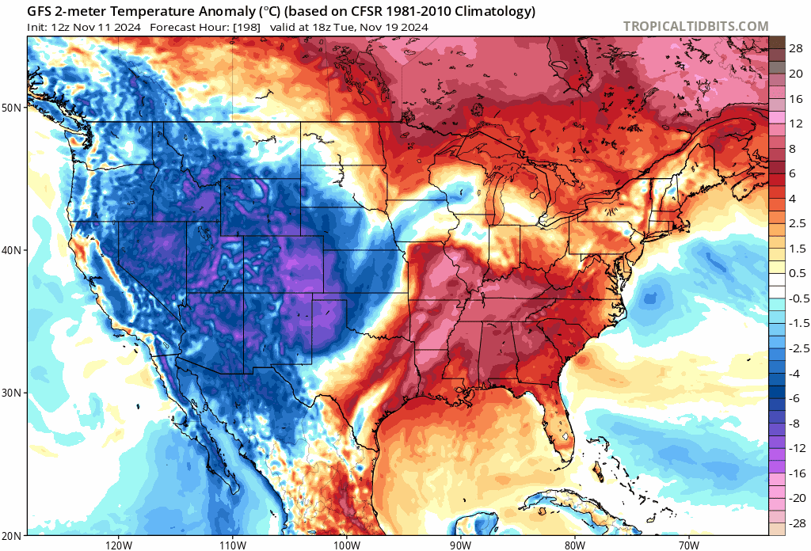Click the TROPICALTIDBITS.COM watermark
click(x=695, y=26)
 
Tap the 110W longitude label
click(x=232, y=545)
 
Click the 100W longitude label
click(x=346, y=545)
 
